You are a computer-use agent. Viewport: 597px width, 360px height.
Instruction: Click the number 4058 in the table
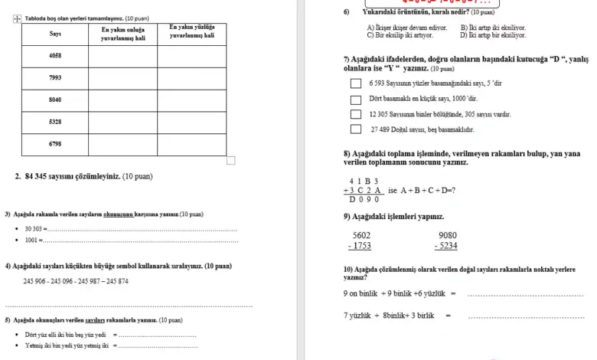pyautogui.click(x=55, y=57)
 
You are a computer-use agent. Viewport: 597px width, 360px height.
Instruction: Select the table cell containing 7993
pyautogui.click(x=55, y=78)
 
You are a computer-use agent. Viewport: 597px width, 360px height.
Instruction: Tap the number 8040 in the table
pyautogui.click(x=55, y=100)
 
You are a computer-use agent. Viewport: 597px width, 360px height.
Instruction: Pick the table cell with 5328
pyautogui.click(x=55, y=122)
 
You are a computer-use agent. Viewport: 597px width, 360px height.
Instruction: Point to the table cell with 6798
pyautogui.click(x=55, y=143)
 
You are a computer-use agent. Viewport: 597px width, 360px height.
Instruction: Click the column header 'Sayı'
pyautogui.click(x=55, y=34)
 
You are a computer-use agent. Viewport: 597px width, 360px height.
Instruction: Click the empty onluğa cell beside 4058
pyautogui.click(x=123, y=57)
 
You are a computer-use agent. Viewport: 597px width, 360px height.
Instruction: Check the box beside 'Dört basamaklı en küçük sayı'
pyautogui.click(x=356, y=100)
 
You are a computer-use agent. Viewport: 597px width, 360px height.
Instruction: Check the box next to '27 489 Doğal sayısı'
pyautogui.click(x=356, y=130)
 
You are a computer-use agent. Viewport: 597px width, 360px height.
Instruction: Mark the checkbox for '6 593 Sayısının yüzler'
pyautogui.click(x=356, y=84)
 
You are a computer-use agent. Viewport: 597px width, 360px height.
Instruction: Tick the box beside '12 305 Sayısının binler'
pyautogui.click(x=356, y=115)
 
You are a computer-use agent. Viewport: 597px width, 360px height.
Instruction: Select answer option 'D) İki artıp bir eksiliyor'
pyautogui.click(x=493, y=35)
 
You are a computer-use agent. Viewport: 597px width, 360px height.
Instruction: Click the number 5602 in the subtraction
pyautogui.click(x=361, y=236)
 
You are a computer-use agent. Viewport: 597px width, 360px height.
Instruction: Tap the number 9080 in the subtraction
pyautogui.click(x=448, y=236)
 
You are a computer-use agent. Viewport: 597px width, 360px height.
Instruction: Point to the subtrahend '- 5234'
pyautogui.click(x=446, y=246)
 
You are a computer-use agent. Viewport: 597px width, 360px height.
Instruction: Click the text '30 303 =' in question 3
pyautogui.click(x=36, y=229)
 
